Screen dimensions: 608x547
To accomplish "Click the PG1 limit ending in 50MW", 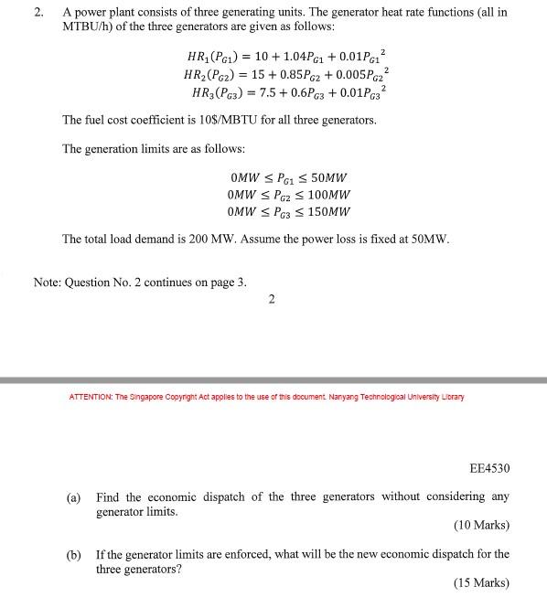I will [x=287, y=177].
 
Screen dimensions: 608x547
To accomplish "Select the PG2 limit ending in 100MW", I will [x=287, y=195].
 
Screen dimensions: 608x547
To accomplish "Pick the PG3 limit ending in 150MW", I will [x=287, y=212].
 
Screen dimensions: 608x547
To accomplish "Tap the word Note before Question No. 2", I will [x=48, y=283].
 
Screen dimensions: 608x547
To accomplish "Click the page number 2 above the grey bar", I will [x=272, y=299].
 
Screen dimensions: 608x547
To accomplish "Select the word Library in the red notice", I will [x=451, y=397].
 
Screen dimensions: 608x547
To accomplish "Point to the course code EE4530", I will [x=489, y=468].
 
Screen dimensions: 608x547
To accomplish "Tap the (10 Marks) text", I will [x=481, y=526].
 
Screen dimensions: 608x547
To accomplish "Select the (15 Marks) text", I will [x=481, y=582].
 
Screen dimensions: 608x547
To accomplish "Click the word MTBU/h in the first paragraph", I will [x=87, y=27].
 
